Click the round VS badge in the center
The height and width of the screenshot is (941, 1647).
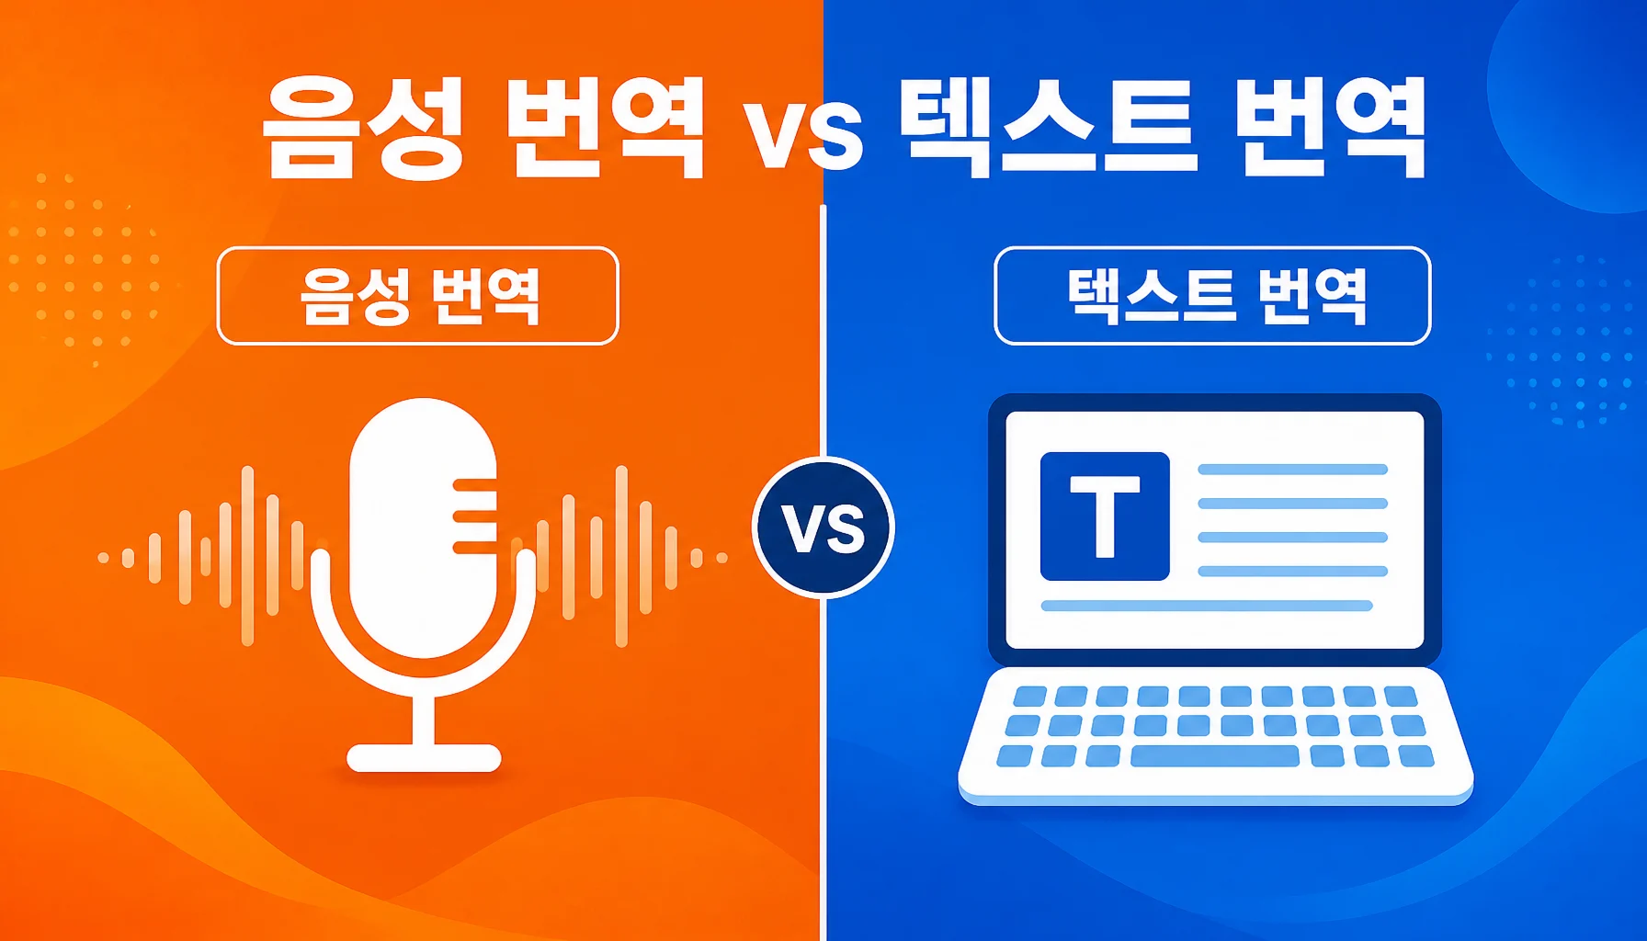(x=823, y=527)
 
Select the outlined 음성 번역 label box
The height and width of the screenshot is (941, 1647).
(x=418, y=296)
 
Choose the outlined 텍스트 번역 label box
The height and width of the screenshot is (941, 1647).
(x=1212, y=296)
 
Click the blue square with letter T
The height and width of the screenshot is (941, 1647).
(x=1105, y=516)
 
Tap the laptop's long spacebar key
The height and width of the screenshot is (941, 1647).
(x=1214, y=756)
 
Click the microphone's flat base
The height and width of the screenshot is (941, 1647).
(x=424, y=758)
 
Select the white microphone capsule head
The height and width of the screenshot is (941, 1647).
(x=424, y=527)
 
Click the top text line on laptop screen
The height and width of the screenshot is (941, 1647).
(x=1292, y=470)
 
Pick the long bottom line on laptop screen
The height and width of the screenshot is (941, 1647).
(x=1207, y=606)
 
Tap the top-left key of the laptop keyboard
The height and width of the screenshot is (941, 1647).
(x=1029, y=696)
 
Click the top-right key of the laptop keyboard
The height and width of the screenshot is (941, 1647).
(x=1401, y=696)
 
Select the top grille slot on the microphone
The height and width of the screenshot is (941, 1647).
(x=475, y=483)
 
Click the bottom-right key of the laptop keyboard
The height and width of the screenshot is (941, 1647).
(x=1416, y=756)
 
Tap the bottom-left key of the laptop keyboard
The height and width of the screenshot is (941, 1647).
(x=1015, y=756)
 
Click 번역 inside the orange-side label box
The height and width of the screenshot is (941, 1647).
(x=484, y=296)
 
